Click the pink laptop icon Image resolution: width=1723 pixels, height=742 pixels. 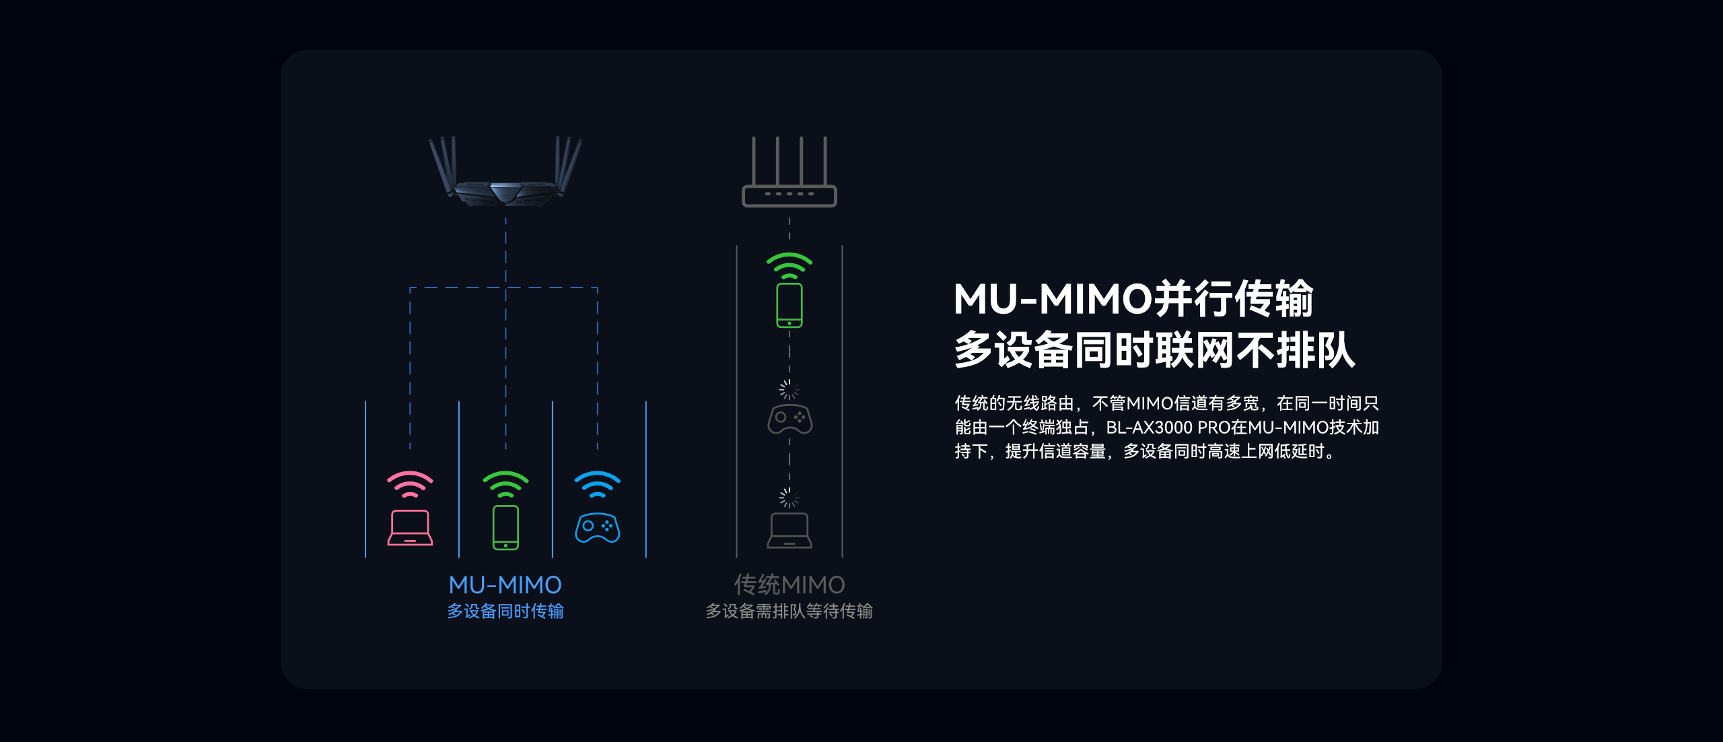pos(410,528)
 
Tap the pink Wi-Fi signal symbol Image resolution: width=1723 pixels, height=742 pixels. pos(410,484)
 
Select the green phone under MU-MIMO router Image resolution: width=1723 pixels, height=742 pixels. pos(505,527)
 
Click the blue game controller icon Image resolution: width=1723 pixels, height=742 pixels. pos(597,528)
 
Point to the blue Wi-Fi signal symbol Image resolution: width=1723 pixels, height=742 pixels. pos(597,484)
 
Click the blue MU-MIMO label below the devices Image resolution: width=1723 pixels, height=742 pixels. pos(505,584)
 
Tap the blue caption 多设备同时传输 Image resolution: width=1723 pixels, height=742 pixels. pos(505,611)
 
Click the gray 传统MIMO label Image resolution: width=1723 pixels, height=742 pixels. pos(789,584)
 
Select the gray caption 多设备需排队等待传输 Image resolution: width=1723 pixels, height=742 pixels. pos(789,611)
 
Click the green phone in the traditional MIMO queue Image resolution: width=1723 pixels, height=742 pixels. pos(789,305)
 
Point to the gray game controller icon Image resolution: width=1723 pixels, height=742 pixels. pos(789,419)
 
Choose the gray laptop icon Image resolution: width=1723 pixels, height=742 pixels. pos(789,531)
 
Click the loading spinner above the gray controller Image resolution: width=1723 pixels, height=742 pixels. pos(789,389)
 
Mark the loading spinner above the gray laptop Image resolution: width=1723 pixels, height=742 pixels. pos(789,498)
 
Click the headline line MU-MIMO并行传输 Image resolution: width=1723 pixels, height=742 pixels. pos(1133,299)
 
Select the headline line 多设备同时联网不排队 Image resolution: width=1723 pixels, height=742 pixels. pos(1154,350)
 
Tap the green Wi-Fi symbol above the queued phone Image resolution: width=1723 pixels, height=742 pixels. pos(789,266)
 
